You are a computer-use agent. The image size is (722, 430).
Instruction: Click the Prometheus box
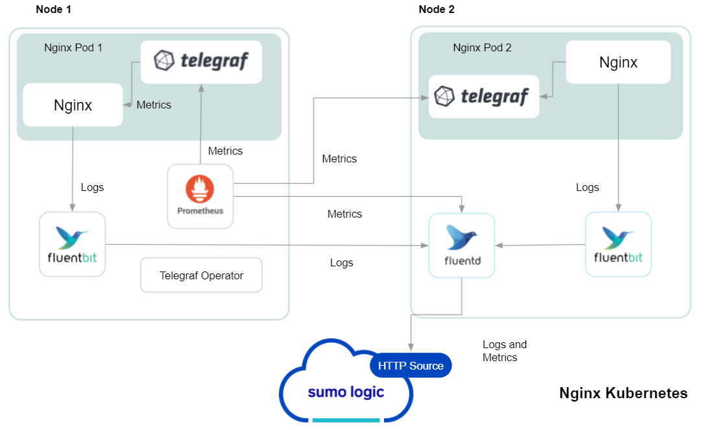click(x=200, y=196)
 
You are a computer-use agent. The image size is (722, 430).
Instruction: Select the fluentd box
click(x=461, y=246)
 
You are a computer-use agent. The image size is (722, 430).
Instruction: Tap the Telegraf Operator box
click(x=201, y=275)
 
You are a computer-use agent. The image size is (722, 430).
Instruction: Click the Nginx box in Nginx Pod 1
click(x=73, y=105)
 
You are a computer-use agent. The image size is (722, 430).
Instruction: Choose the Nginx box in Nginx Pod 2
click(x=618, y=62)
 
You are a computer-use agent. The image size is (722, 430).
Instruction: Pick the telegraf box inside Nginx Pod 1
click(x=201, y=62)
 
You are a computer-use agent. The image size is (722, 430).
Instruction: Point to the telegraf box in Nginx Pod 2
click(x=484, y=97)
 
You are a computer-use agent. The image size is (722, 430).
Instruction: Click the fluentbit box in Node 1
click(x=72, y=244)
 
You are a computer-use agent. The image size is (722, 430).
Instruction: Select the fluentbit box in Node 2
click(x=618, y=244)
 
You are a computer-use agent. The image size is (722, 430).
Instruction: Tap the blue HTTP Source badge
click(x=411, y=366)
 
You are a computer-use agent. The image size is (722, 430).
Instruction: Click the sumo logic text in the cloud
click(x=346, y=392)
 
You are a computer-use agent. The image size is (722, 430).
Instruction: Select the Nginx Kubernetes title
click(x=623, y=393)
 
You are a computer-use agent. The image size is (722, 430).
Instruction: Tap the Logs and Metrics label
click(x=504, y=351)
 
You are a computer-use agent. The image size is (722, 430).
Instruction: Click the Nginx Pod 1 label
click(x=73, y=47)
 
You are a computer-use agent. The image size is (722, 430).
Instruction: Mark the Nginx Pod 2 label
click(x=482, y=47)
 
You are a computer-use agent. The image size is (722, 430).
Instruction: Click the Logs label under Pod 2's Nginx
click(x=587, y=187)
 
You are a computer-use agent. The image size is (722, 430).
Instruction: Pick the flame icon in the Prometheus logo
click(x=200, y=188)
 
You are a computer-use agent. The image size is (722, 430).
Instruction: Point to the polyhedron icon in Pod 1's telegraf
click(x=164, y=61)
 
